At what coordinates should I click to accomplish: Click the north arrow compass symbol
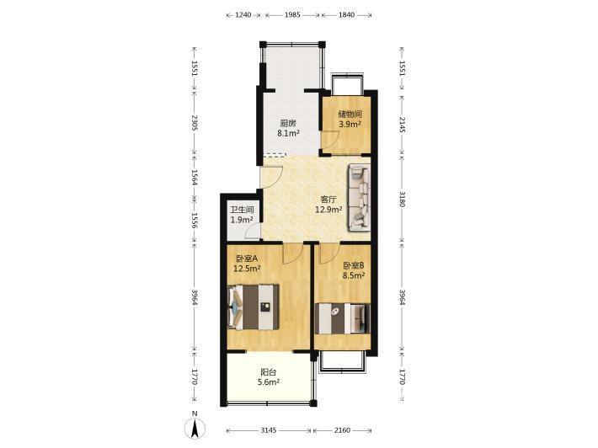point(195,429)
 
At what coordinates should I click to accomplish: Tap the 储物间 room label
point(350,114)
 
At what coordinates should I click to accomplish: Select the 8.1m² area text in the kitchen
point(288,133)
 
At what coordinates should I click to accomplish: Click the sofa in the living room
point(359,198)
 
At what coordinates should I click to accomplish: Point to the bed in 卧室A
point(254,307)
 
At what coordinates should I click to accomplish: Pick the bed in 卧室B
point(343,318)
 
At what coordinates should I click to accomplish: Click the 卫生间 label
point(242,210)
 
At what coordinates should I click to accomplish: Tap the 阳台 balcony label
point(269,372)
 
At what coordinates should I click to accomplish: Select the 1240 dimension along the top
point(243,15)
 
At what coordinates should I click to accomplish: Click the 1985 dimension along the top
point(292,15)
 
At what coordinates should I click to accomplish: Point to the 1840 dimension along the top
point(347,15)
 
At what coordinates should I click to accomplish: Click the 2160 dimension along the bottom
point(342,430)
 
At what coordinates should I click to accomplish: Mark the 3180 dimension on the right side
point(402,198)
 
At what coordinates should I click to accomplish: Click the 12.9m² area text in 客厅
point(328,210)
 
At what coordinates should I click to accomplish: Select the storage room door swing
point(330,141)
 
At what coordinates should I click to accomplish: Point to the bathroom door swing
point(253,232)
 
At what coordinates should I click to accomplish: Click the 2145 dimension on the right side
point(402,125)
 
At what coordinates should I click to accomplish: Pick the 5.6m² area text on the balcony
point(269,382)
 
